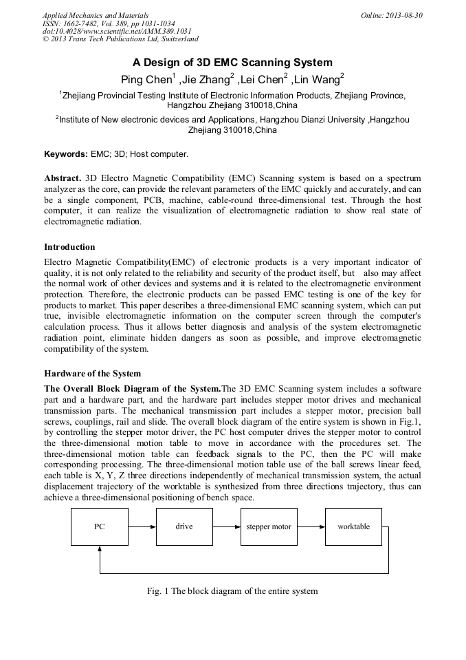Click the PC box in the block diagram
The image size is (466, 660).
click(100, 526)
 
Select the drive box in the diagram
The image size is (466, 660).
click(184, 526)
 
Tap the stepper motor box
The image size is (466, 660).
click(269, 526)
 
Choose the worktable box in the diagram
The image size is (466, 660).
click(353, 526)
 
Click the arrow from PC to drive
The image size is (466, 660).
click(142, 526)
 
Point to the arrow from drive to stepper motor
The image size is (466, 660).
click(227, 526)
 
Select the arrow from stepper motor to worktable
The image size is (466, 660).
click(311, 526)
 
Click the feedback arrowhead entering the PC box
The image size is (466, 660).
click(100, 549)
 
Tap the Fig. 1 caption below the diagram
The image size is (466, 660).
click(233, 590)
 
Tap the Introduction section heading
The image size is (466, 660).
click(69, 246)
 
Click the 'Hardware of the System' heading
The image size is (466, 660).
click(92, 374)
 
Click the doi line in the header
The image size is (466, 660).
click(117, 31)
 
